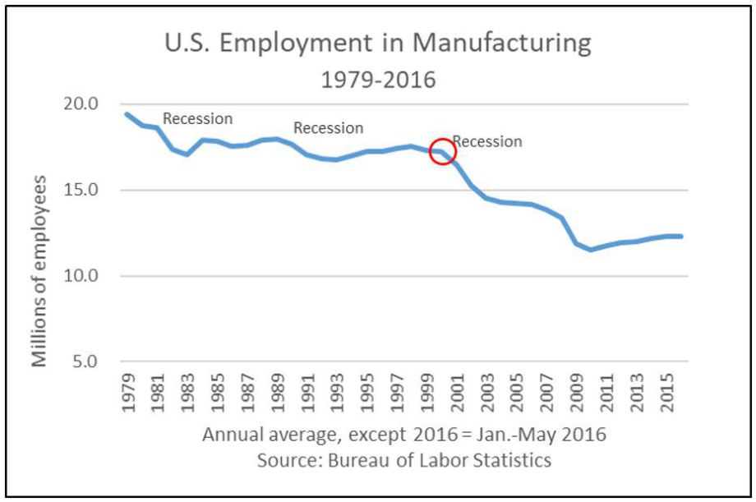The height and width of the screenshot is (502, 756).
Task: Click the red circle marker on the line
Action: (442, 151)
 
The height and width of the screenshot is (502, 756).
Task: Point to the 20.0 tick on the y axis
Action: (82, 104)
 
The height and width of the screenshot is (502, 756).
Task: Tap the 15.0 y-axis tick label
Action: (82, 191)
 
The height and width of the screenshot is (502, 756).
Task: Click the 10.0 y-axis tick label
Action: (82, 276)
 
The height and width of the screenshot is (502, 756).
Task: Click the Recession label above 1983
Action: (197, 118)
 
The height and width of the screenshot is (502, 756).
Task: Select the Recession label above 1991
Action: (328, 128)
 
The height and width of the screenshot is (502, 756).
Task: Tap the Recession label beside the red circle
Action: (488, 141)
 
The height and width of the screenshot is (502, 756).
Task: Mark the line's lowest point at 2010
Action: (591, 250)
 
